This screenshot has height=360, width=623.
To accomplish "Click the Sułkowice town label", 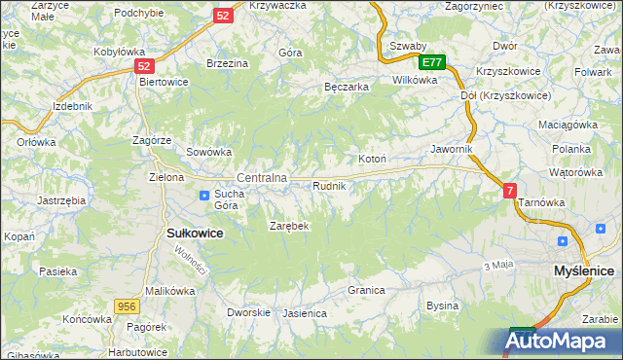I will pos(196,234).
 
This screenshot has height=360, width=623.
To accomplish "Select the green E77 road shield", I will pos(433,62).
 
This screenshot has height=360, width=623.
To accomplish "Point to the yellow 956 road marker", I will pos(125,306).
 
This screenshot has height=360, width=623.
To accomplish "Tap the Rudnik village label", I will pos(329,185).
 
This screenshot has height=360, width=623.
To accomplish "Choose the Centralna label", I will pos(262,178).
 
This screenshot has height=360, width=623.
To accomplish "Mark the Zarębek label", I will pos(288,226).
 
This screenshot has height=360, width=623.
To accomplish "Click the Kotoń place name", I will pos(374,159).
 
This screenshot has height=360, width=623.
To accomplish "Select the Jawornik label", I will pos(452,149).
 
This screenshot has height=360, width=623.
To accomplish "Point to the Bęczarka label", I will pos(346,87).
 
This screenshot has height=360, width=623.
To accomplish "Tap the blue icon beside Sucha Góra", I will pos(204,195).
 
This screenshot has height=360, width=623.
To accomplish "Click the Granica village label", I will pos(367,290).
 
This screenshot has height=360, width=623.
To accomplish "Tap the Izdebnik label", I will pos(74,105).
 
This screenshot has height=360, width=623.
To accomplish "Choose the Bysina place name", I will pos(443,306).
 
